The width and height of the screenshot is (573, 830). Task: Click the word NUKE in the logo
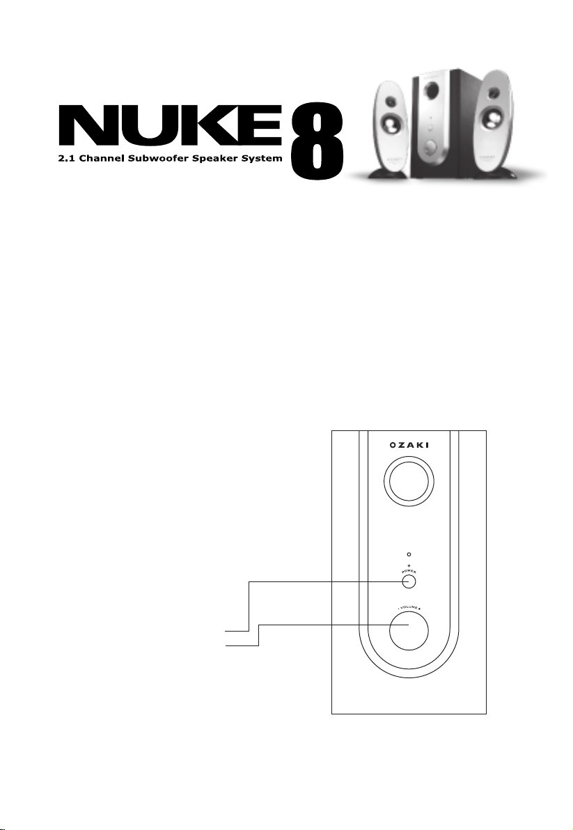[x=169, y=126]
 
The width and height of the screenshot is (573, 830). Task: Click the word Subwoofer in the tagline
[x=157, y=158]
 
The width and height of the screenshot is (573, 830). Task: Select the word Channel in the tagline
[x=100, y=158]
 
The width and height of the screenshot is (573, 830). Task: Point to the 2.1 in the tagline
[x=67, y=158]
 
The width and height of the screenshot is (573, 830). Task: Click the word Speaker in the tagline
[x=214, y=159]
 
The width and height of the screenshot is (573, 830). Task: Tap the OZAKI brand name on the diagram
[x=409, y=445]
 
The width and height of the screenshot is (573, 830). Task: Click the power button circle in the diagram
[x=409, y=581]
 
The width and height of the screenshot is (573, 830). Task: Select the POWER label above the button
[x=409, y=572]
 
